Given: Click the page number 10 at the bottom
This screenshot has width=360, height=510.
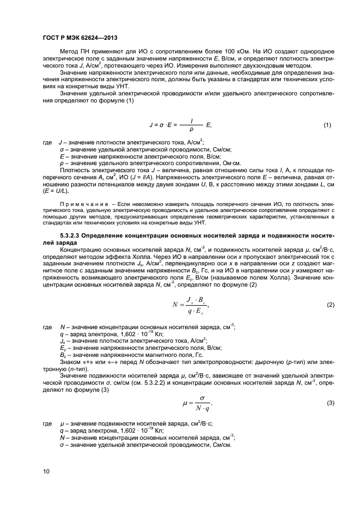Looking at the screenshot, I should pos(46,472).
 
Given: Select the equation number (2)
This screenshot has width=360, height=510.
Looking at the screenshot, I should pos(327,305).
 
